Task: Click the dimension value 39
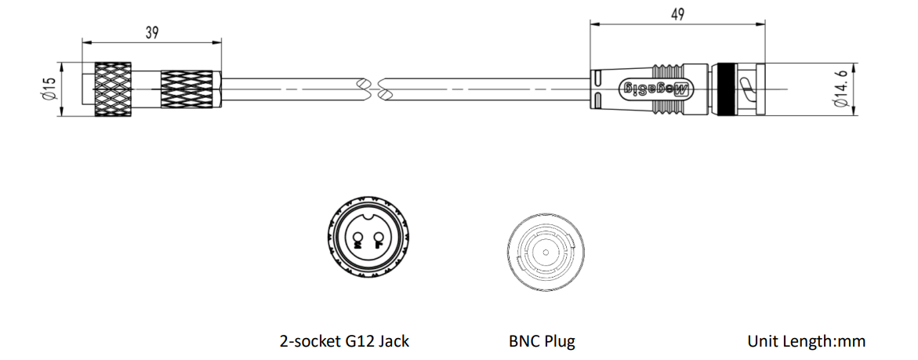tap(151, 33)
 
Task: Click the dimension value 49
tap(677, 15)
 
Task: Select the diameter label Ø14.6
tap(841, 89)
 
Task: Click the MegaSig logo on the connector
tap(656, 89)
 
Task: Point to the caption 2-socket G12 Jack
tap(344, 340)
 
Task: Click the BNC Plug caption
tap(542, 340)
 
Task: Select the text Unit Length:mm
tap(806, 340)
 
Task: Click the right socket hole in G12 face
tap(378, 237)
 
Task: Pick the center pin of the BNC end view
tap(545, 253)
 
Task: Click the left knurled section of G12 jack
tap(112, 89)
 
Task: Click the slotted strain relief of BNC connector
tap(597, 89)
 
